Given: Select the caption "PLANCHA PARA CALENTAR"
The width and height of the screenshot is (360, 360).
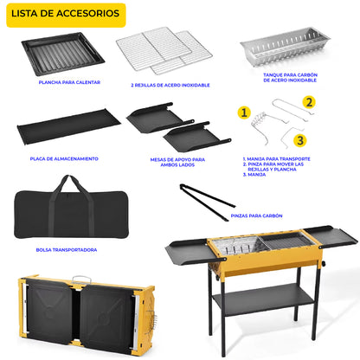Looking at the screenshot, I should tap(69, 82).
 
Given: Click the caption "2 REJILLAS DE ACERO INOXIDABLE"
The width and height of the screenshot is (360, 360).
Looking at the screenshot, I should tap(170, 85).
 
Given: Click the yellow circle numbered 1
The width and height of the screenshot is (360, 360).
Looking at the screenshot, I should tap(245, 112).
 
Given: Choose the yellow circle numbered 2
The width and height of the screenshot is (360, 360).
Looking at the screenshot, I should tap(308, 101).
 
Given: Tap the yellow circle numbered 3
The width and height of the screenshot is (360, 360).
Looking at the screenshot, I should tap(299, 139).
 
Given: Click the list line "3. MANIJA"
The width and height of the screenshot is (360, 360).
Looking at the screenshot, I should tap(254, 175).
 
